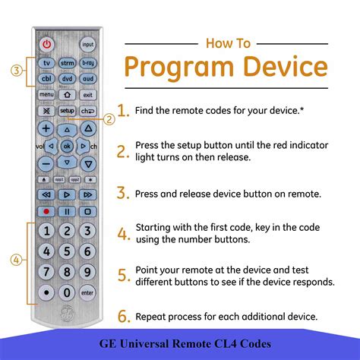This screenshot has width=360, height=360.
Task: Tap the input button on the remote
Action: (x=88, y=44)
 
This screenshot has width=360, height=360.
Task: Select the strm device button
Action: (x=68, y=63)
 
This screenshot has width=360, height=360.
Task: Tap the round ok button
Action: (x=67, y=145)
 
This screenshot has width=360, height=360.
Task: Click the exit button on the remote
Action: (x=88, y=94)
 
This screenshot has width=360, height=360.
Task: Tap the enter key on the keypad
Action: (x=88, y=292)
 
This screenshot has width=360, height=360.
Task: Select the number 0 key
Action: (x=67, y=292)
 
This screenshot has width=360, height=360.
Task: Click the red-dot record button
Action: (x=46, y=212)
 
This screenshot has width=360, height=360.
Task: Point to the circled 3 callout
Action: (x=16, y=71)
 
